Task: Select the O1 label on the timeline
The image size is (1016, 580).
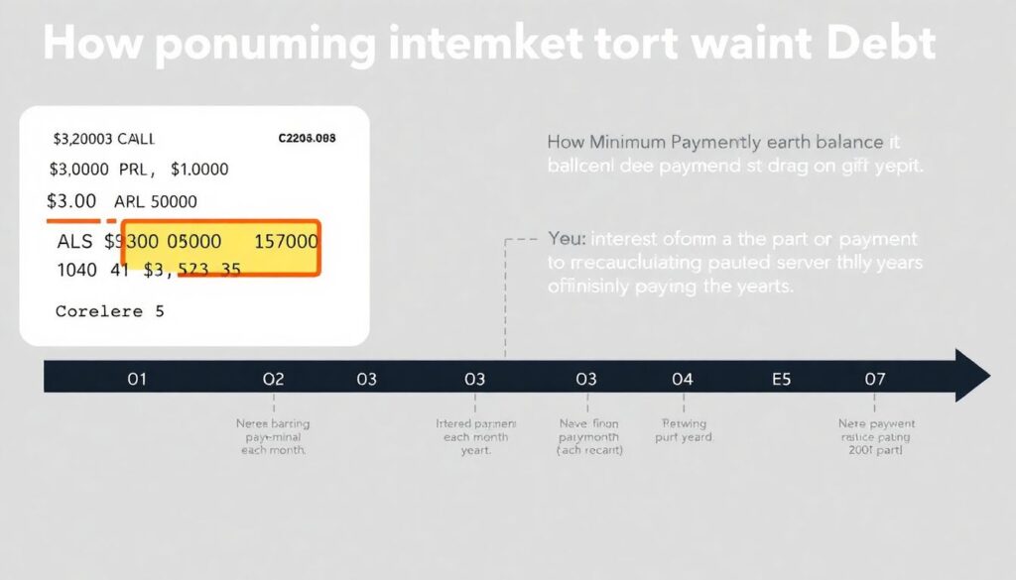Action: pyautogui.click(x=137, y=379)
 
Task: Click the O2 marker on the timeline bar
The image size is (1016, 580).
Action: pyautogui.click(x=273, y=379)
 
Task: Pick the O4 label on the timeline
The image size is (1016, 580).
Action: pyautogui.click(x=682, y=379)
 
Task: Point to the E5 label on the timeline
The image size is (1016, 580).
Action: pyautogui.click(x=782, y=379)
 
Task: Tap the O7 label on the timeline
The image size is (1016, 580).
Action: pyautogui.click(x=874, y=379)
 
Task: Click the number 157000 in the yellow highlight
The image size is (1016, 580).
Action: pyautogui.click(x=286, y=241)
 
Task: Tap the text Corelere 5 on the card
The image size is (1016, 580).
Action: pyautogui.click(x=109, y=310)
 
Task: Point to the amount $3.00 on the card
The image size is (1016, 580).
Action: pyautogui.click(x=73, y=200)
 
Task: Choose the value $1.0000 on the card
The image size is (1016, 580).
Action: pyautogui.click(x=199, y=170)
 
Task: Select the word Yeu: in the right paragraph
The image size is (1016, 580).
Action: pyautogui.click(x=568, y=239)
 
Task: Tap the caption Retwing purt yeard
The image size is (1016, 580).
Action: pyautogui.click(x=683, y=429)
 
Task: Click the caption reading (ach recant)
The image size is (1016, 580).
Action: pyautogui.click(x=589, y=450)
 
